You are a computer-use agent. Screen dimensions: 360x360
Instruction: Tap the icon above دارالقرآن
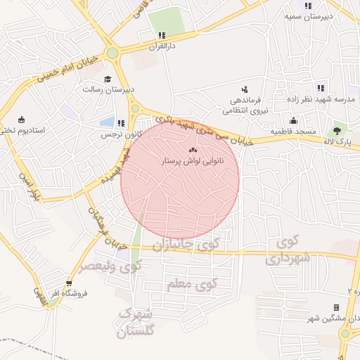pyautogui.click(x=161, y=35)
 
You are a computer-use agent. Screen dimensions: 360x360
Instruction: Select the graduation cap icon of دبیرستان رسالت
pyautogui.click(x=108, y=79)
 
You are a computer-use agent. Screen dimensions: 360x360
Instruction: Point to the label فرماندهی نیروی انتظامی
pyautogui.click(x=245, y=104)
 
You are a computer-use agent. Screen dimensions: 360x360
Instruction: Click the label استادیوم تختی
pyautogui.click(x=21, y=130)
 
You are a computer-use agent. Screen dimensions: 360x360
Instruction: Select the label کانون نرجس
pyautogui.click(x=116, y=133)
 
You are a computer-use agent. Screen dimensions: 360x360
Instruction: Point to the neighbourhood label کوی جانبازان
pyautogui.click(x=181, y=245)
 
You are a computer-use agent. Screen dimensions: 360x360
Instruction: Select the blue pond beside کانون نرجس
pyautogui.click(x=108, y=122)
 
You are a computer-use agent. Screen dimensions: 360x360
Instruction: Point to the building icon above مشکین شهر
pyautogui.click(x=336, y=308)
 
